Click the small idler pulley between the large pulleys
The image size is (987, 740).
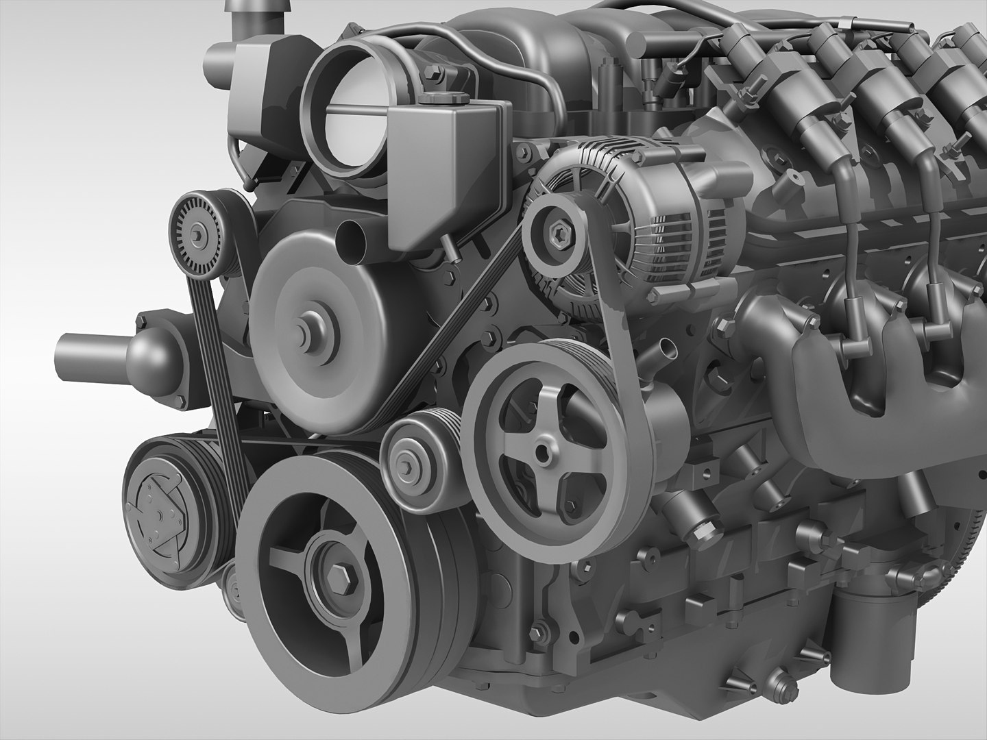tap(409, 465)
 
